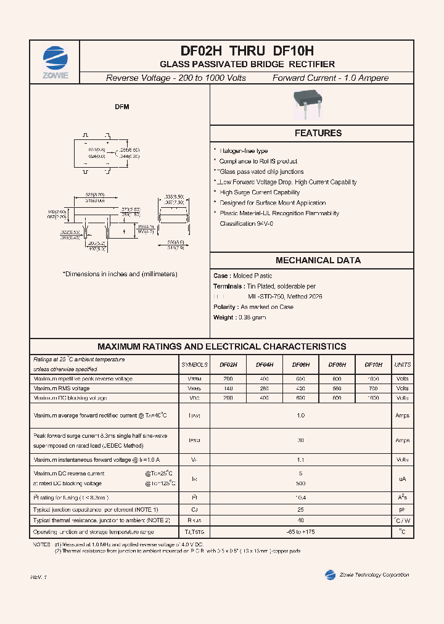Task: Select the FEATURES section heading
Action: pyautogui.click(x=318, y=133)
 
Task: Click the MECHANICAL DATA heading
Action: pyautogui.click(x=318, y=260)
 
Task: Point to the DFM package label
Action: pyautogui.click(x=122, y=107)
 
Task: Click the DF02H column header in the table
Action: pyautogui.click(x=228, y=365)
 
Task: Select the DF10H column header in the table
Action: pyautogui.click(x=373, y=365)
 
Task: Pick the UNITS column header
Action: pyautogui.click(x=402, y=365)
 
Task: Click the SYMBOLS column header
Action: pyautogui.click(x=194, y=365)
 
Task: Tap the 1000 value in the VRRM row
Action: pyautogui.click(x=373, y=379)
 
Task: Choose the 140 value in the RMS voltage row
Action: pyautogui.click(x=228, y=388)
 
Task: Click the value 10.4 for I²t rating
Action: pyautogui.click(x=301, y=497)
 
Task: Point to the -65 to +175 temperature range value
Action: pyautogui.click(x=301, y=532)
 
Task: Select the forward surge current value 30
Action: pyautogui.click(x=301, y=440)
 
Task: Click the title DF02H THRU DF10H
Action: pyautogui.click(x=247, y=52)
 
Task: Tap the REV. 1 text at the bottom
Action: pyautogui.click(x=38, y=577)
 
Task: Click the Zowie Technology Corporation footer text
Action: pyautogui.click(x=374, y=575)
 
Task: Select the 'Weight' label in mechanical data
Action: pyautogui.click(x=223, y=318)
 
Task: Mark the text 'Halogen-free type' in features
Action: pyautogui.click(x=244, y=151)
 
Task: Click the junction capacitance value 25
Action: pyautogui.click(x=301, y=510)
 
